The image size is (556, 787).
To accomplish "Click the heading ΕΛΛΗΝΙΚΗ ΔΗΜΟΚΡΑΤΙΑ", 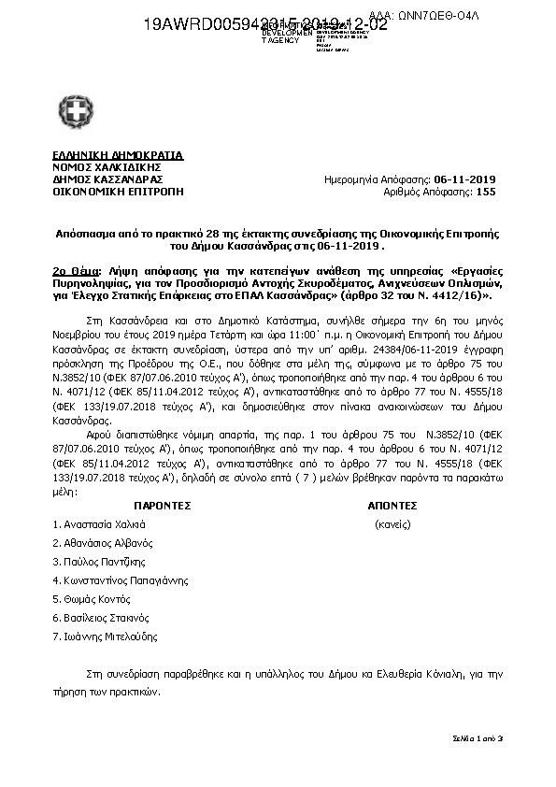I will tap(119, 155).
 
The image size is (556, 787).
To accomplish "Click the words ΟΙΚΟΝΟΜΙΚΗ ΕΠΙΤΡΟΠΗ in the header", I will tap(119, 192).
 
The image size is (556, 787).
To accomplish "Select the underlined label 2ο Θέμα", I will tap(78, 267).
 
